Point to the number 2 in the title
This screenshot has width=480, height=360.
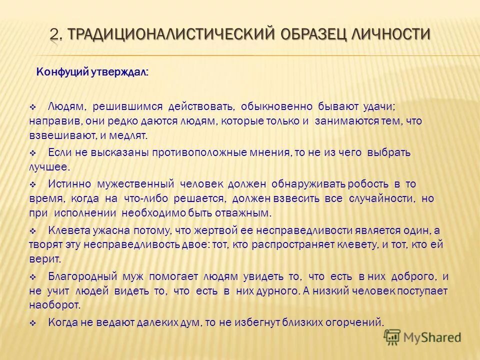pos(54,34)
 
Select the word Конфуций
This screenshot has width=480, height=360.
pos(62,72)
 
